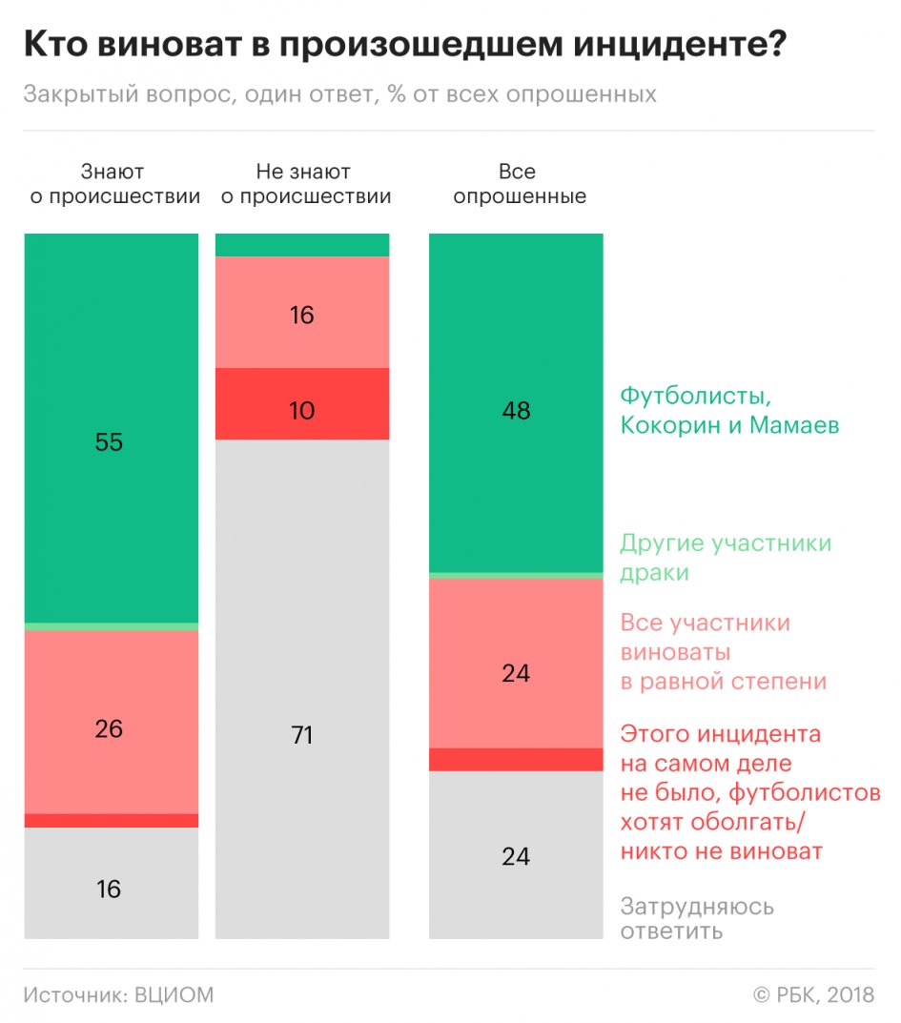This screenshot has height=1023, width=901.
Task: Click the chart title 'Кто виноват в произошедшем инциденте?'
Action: [404, 46]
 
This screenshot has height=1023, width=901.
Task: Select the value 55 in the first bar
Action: [110, 442]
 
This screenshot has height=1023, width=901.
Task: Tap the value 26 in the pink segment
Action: [110, 728]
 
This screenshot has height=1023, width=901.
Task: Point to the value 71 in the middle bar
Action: [302, 736]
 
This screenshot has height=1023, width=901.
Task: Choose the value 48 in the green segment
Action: [516, 411]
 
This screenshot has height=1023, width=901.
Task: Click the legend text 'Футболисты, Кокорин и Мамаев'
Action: [729, 410]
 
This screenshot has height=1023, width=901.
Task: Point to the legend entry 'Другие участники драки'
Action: [726, 558]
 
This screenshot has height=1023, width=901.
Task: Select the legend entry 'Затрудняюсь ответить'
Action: [697, 918]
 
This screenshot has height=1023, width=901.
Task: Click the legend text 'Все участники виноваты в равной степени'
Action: [723, 652]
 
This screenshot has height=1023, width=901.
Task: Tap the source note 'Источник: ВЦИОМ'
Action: [119, 995]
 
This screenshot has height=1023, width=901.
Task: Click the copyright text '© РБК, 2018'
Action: [813, 995]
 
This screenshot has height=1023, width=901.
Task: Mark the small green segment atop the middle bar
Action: [302, 245]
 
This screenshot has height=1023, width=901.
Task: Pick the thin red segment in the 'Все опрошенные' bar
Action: [516, 760]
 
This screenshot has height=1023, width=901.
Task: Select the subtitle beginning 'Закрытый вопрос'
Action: [340, 94]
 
